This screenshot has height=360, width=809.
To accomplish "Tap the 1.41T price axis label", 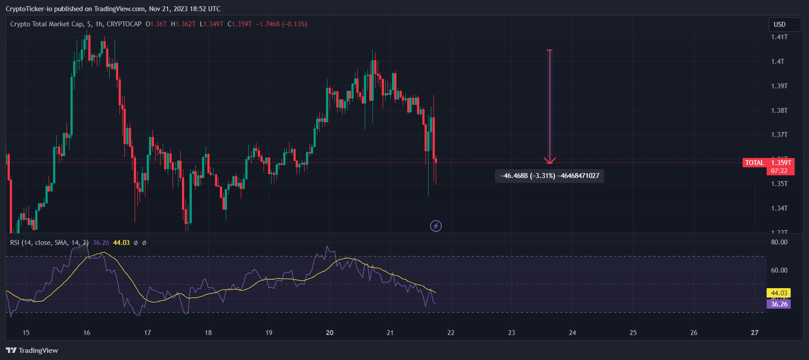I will pyautogui.click(x=779, y=37).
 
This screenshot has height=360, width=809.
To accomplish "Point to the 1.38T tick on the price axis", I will pyautogui.click(x=779, y=111).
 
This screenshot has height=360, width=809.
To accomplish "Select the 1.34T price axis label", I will pyautogui.click(x=779, y=208).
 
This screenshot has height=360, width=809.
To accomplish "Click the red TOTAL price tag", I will pyautogui.click(x=755, y=163).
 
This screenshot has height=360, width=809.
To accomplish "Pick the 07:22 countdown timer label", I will pyautogui.click(x=779, y=171).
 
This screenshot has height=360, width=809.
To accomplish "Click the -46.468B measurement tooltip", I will pyautogui.click(x=549, y=176).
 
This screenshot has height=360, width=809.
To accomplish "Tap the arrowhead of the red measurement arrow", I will pyautogui.click(x=550, y=161).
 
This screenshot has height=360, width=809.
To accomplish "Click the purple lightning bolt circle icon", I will pyautogui.click(x=436, y=226).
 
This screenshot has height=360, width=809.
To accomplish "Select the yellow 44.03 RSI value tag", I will pyautogui.click(x=779, y=293).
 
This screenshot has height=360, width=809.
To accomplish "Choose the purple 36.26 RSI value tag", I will pyautogui.click(x=779, y=304).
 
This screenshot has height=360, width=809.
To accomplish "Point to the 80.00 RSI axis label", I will pyautogui.click(x=779, y=242).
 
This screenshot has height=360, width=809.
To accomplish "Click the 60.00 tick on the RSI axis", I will pyautogui.click(x=779, y=270).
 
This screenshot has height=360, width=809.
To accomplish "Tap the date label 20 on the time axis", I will pyautogui.click(x=330, y=333).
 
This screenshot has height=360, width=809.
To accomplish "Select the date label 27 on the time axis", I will pyautogui.click(x=754, y=333).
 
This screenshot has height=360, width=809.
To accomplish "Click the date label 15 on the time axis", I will pyautogui.click(x=26, y=333).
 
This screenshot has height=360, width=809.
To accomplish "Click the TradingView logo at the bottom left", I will pyautogui.click(x=32, y=351).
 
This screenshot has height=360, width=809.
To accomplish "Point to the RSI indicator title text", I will pyautogui.click(x=49, y=243).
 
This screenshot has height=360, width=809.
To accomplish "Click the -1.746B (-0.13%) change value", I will pyautogui.click(x=281, y=24).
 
